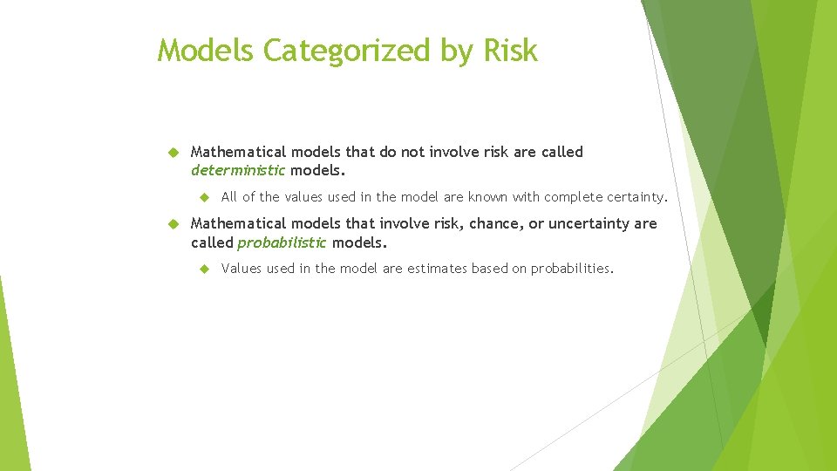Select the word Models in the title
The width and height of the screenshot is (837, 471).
click(207, 51)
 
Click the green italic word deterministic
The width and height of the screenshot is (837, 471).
click(238, 170)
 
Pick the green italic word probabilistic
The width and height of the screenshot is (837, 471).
click(282, 242)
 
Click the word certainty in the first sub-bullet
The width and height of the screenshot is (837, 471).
click(636, 197)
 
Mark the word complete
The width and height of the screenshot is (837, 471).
click(573, 197)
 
